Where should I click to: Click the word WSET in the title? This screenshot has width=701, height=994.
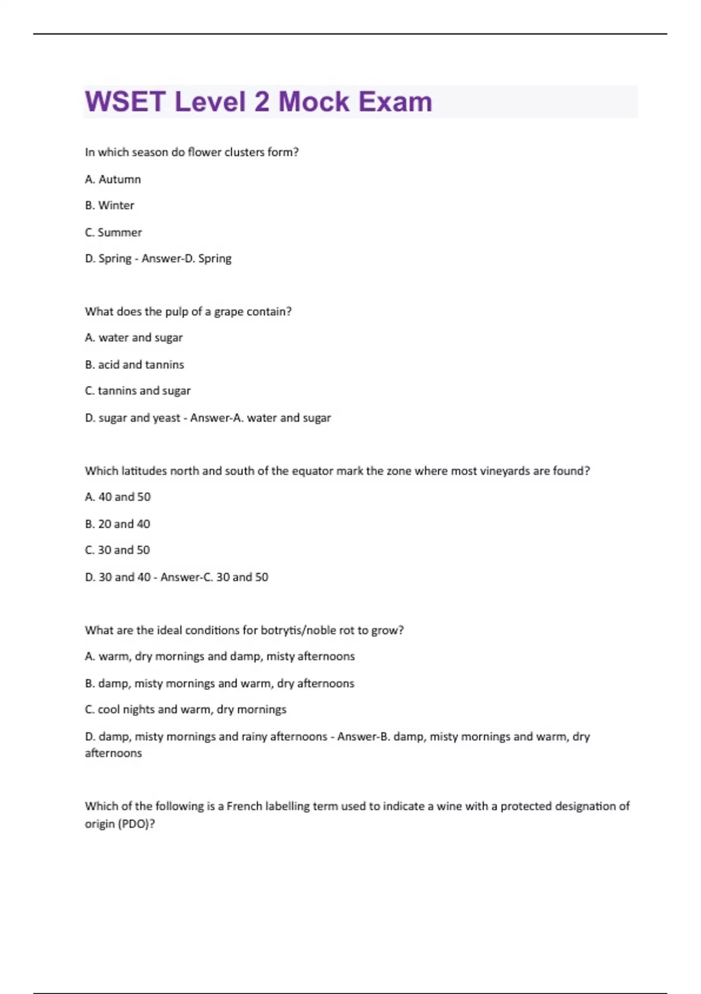(125, 102)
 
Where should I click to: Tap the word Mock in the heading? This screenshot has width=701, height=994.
(314, 102)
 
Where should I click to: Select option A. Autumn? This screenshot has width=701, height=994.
(113, 180)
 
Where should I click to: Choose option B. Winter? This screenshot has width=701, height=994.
(109, 206)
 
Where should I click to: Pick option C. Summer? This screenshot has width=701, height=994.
(113, 233)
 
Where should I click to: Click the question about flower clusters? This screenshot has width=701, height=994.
(192, 153)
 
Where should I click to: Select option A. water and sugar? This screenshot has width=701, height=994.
(134, 338)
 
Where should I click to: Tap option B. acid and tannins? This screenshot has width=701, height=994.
(134, 365)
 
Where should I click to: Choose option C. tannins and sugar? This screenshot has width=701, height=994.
(138, 391)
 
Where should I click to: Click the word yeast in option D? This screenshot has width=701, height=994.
(166, 418)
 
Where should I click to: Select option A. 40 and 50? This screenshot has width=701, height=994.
(117, 497)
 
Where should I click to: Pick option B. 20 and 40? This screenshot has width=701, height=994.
(117, 524)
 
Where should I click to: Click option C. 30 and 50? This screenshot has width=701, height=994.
(117, 550)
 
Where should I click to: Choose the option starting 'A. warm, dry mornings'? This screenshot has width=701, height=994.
(220, 657)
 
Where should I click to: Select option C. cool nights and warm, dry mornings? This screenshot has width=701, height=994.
(186, 710)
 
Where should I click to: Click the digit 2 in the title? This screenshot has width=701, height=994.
(262, 102)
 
